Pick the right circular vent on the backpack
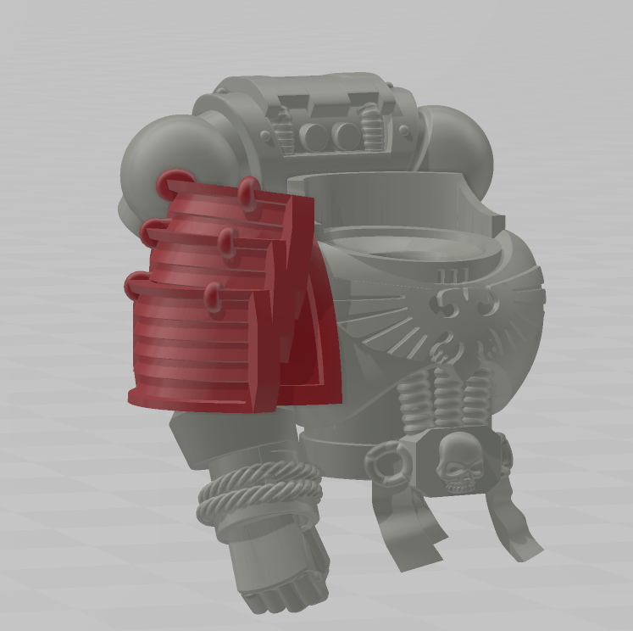click(x=346, y=133)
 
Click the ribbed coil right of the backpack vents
click(x=373, y=127)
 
